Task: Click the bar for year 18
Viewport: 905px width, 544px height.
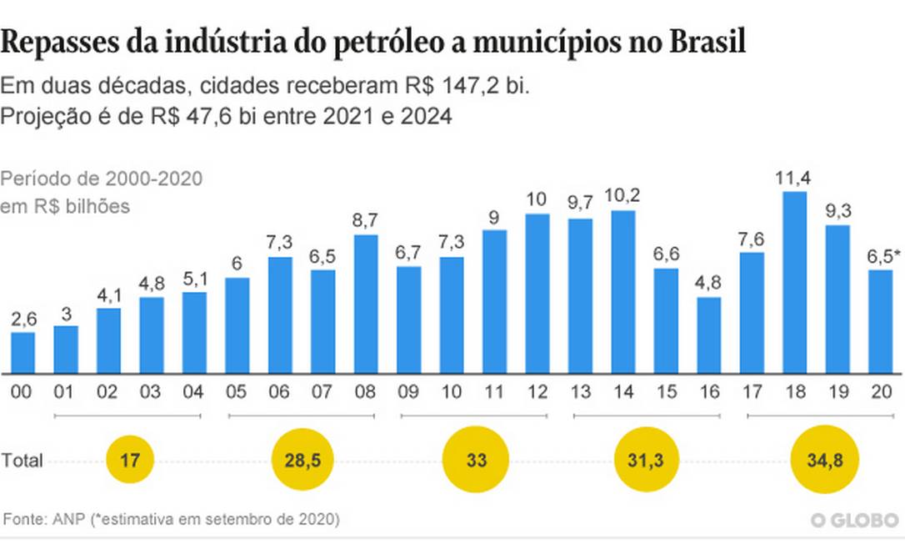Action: point(795,282)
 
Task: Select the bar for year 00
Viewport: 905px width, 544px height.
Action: point(23,352)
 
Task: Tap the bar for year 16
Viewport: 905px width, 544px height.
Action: point(709,335)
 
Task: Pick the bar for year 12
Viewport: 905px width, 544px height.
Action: point(537,293)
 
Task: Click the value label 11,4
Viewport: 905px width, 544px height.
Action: point(795,178)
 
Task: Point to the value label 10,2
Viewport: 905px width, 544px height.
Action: point(623,196)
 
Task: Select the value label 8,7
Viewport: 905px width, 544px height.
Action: point(366,220)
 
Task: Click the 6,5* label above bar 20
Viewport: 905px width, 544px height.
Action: point(882,255)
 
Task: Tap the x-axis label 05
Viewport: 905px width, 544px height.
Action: point(237,391)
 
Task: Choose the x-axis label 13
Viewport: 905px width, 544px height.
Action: point(580,391)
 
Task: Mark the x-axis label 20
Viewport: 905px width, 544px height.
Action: point(881,391)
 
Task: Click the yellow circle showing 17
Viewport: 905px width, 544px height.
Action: point(130,460)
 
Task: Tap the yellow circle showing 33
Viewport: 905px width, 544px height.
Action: point(475,460)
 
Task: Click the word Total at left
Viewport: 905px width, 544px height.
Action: point(22,461)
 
